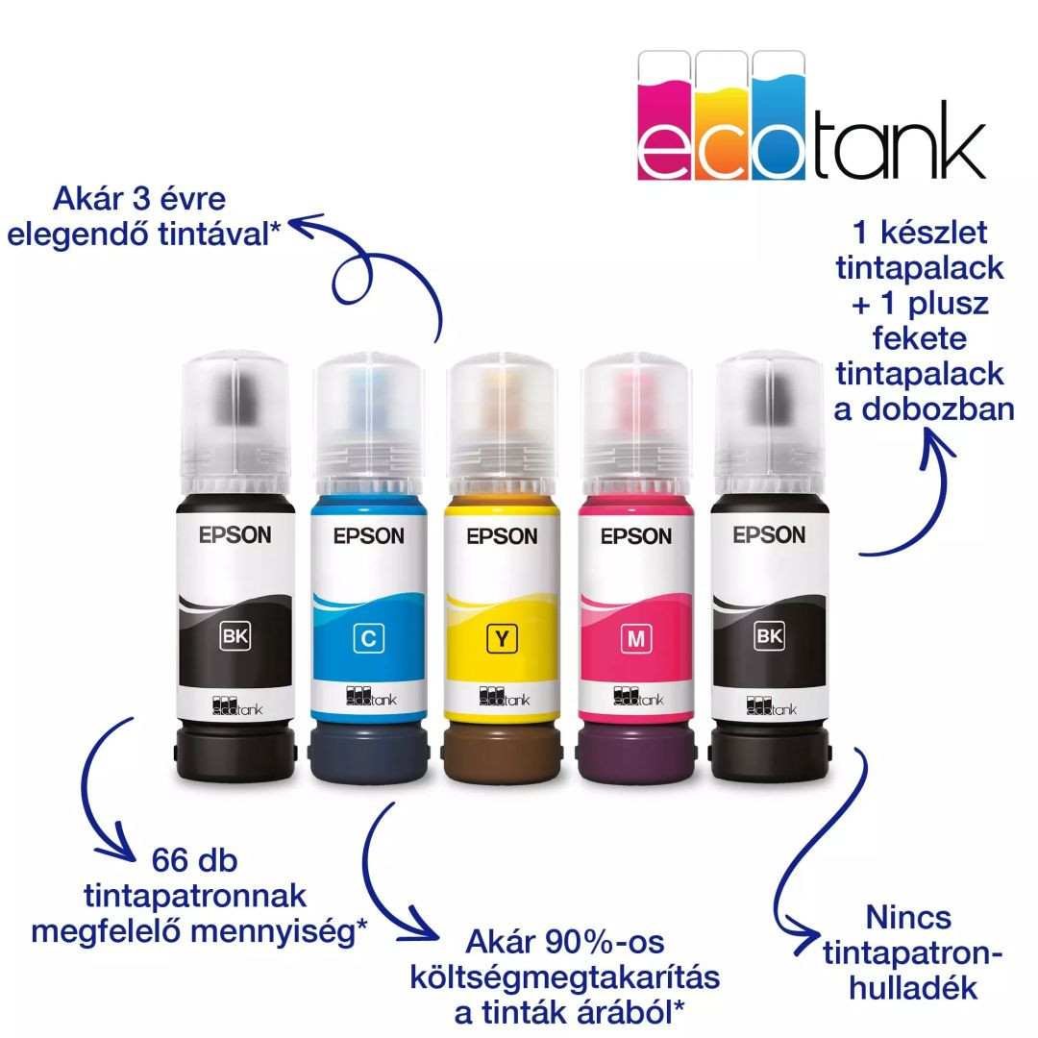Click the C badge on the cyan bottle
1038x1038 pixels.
tap(367, 636)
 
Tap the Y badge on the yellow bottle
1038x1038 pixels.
tap(502, 636)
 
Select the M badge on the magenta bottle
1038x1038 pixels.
tap(635, 636)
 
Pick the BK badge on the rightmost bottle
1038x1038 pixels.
tap(770, 634)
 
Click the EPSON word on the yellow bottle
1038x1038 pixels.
tap(502, 536)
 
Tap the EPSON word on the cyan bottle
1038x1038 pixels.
tap(368, 536)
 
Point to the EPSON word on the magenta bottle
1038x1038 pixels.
tap(635, 536)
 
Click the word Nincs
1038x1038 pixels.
tap(908, 917)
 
